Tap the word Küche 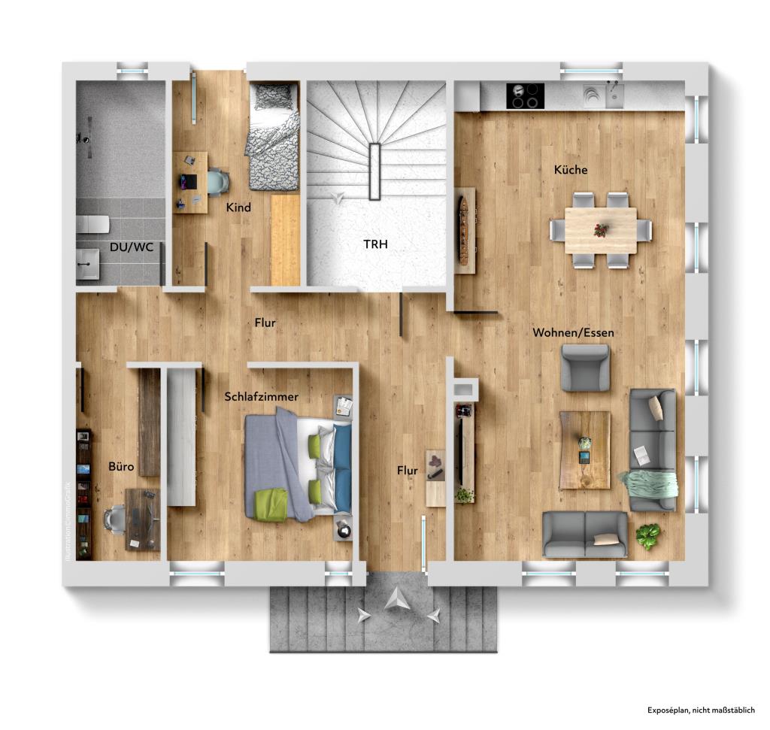[571, 170]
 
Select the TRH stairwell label [375, 244]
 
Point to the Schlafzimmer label [262, 396]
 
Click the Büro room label [121, 467]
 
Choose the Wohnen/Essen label [573, 332]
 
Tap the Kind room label [239, 207]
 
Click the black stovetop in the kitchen [525, 96]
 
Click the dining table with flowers [601, 229]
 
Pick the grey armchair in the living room [585, 367]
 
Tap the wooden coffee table [584, 450]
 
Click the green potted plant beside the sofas [647, 536]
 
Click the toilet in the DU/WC [92, 224]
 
